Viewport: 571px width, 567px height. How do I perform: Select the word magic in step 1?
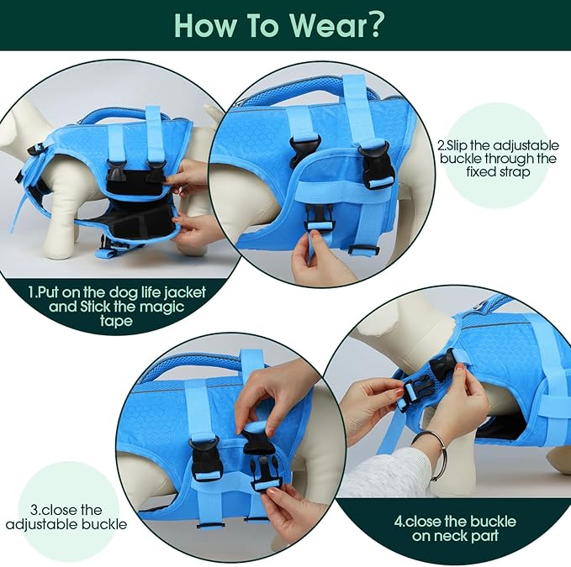point(162,307)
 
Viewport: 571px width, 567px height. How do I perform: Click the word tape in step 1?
point(116,322)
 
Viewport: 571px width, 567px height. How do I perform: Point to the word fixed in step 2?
point(480,171)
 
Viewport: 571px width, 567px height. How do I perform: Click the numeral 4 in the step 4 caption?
point(399,522)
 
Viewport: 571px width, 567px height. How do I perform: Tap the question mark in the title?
point(373,24)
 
